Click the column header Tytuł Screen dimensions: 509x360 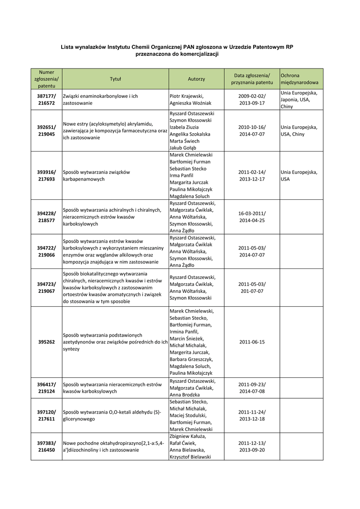[x=115, y=79]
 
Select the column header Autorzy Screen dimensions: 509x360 [x=196, y=79]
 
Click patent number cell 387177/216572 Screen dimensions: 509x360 [x=46, y=99]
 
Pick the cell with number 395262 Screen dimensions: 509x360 [x=46, y=342]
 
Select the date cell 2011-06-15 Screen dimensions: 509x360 [x=252, y=342]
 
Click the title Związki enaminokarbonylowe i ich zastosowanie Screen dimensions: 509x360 [x=100, y=99]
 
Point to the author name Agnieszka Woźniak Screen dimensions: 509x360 [x=190, y=103]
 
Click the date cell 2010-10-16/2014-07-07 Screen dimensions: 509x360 [x=252, y=131]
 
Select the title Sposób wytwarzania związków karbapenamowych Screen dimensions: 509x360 [x=96, y=175]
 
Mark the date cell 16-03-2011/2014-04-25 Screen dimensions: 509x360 [x=252, y=217]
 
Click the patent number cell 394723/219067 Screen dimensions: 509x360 [x=46, y=288]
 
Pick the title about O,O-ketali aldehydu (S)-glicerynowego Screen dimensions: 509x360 [x=112, y=416]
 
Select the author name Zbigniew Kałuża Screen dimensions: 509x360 [x=187, y=436]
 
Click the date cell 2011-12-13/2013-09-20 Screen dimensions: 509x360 [x=252, y=446]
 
